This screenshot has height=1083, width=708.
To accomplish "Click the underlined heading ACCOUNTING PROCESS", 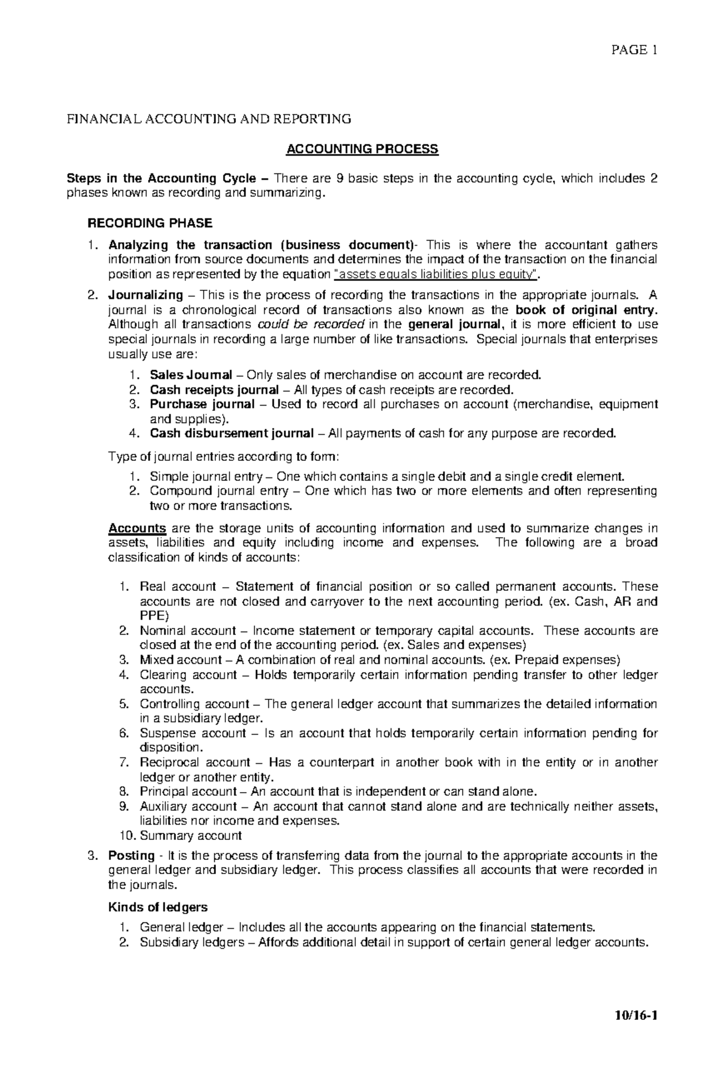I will pyautogui.click(x=362, y=149).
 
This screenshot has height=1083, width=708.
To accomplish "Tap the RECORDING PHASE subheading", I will pyautogui.click(x=150, y=223).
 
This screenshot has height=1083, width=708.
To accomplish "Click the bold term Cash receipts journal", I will pyautogui.click(x=214, y=390).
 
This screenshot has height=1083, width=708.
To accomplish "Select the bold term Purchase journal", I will pyautogui.click(x=202, y=404).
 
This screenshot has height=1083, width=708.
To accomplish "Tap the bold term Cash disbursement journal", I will pyautogui.click(x=231, y=434).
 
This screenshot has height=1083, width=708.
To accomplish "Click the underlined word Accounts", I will pyautogui.click(x=137, y=528).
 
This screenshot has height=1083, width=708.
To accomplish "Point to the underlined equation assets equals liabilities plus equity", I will pyautogui.click(x=436, y=274).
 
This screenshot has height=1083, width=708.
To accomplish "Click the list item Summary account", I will pyautogui.click(x=191, y=836).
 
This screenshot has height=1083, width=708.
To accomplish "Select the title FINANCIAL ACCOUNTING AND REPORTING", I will pyautogui.click(x=208, y=119).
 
